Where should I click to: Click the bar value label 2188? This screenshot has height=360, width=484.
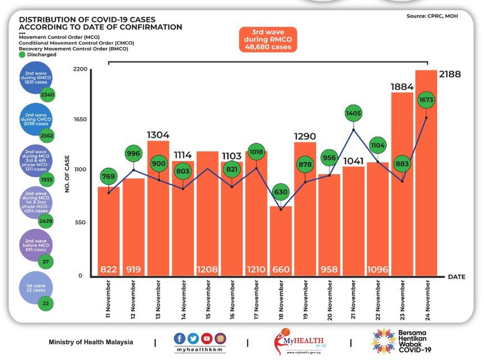click(450, 75)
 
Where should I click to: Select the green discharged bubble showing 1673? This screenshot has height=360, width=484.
click(426, 99)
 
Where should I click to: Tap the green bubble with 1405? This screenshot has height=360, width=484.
click(353, 114)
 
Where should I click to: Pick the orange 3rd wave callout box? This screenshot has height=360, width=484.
click(268, 40)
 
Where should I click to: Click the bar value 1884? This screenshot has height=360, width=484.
click(402, 87)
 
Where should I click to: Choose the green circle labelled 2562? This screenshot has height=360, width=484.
click(46, 135)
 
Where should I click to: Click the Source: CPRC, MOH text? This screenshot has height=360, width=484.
click(432, 16)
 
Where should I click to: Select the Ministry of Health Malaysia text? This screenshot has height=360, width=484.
click(91, 342)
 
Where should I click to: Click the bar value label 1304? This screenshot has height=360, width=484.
click(158, 135)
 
